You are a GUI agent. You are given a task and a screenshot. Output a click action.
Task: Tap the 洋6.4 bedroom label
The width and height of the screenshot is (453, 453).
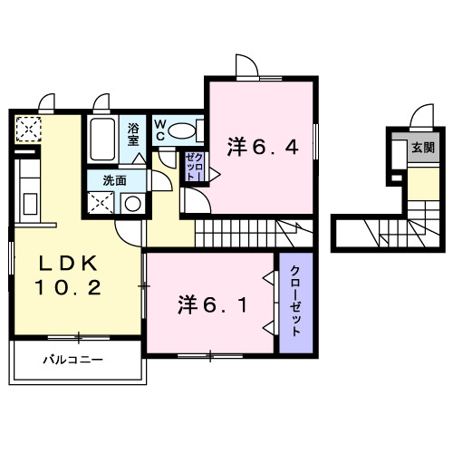tap(262, 145)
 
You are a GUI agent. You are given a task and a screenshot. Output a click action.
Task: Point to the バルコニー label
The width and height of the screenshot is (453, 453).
tap(73, 361)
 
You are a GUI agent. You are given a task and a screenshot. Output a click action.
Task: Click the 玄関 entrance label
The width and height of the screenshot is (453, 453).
tap(422, 147)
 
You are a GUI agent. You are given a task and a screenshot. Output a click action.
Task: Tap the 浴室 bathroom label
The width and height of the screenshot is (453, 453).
tap(133, 135)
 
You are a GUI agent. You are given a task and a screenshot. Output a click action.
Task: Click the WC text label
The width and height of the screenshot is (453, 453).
tap(159, 130)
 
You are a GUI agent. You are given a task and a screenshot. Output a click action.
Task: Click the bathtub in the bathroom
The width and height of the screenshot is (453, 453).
tap(102, 138)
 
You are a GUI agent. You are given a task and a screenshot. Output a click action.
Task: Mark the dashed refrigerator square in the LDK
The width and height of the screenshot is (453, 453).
tap(28, 130)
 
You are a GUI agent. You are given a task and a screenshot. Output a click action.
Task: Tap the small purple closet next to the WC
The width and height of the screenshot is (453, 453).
tap(194, 167)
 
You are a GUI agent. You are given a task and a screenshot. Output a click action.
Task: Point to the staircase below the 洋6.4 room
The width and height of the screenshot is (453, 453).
tap(254, 234)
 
